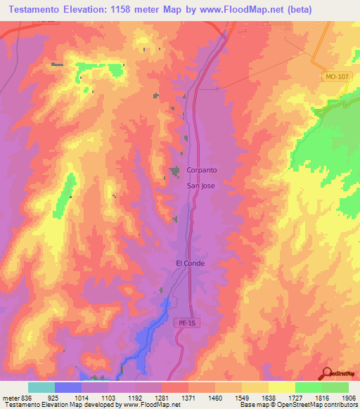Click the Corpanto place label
coord(202,170)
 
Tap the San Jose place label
coord(200,186)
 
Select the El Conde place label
coord(189,264)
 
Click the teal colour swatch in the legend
coord(41,387)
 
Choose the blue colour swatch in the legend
coord(67,387)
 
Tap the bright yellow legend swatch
coord(281,387)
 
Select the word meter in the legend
coord(9,398)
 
